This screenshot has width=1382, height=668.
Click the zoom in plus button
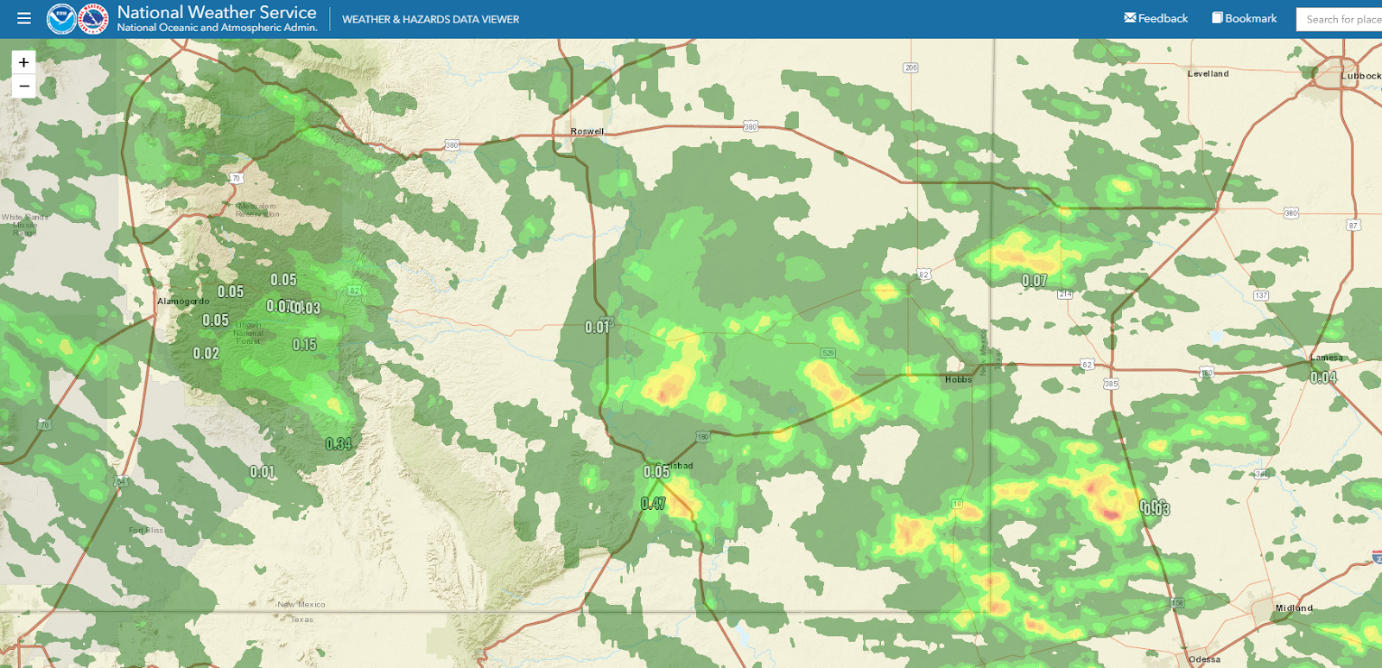(24, 62)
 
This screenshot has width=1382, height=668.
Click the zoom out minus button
(24, 86)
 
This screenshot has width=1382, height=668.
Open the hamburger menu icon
(24, 18)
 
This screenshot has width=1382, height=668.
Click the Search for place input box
(1341, 19)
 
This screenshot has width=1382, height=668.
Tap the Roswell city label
(587, 131)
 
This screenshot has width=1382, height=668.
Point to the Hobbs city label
(958, 379)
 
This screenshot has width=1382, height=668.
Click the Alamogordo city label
(183, 302)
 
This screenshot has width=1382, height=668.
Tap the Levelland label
(1208, 73)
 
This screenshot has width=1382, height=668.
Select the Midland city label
(1294, 608)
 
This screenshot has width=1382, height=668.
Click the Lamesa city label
(1327, 358)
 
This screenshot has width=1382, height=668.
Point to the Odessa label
(1205, 659)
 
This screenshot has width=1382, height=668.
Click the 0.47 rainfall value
(653, 504)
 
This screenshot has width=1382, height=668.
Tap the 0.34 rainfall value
(339, 444)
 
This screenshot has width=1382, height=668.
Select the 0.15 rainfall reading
(304, 345)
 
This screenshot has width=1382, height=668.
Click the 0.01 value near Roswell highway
(598, 328)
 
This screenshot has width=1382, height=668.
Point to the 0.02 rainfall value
(206, 353)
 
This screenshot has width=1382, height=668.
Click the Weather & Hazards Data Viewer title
(430, 19)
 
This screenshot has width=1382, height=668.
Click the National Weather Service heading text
(217, 12)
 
